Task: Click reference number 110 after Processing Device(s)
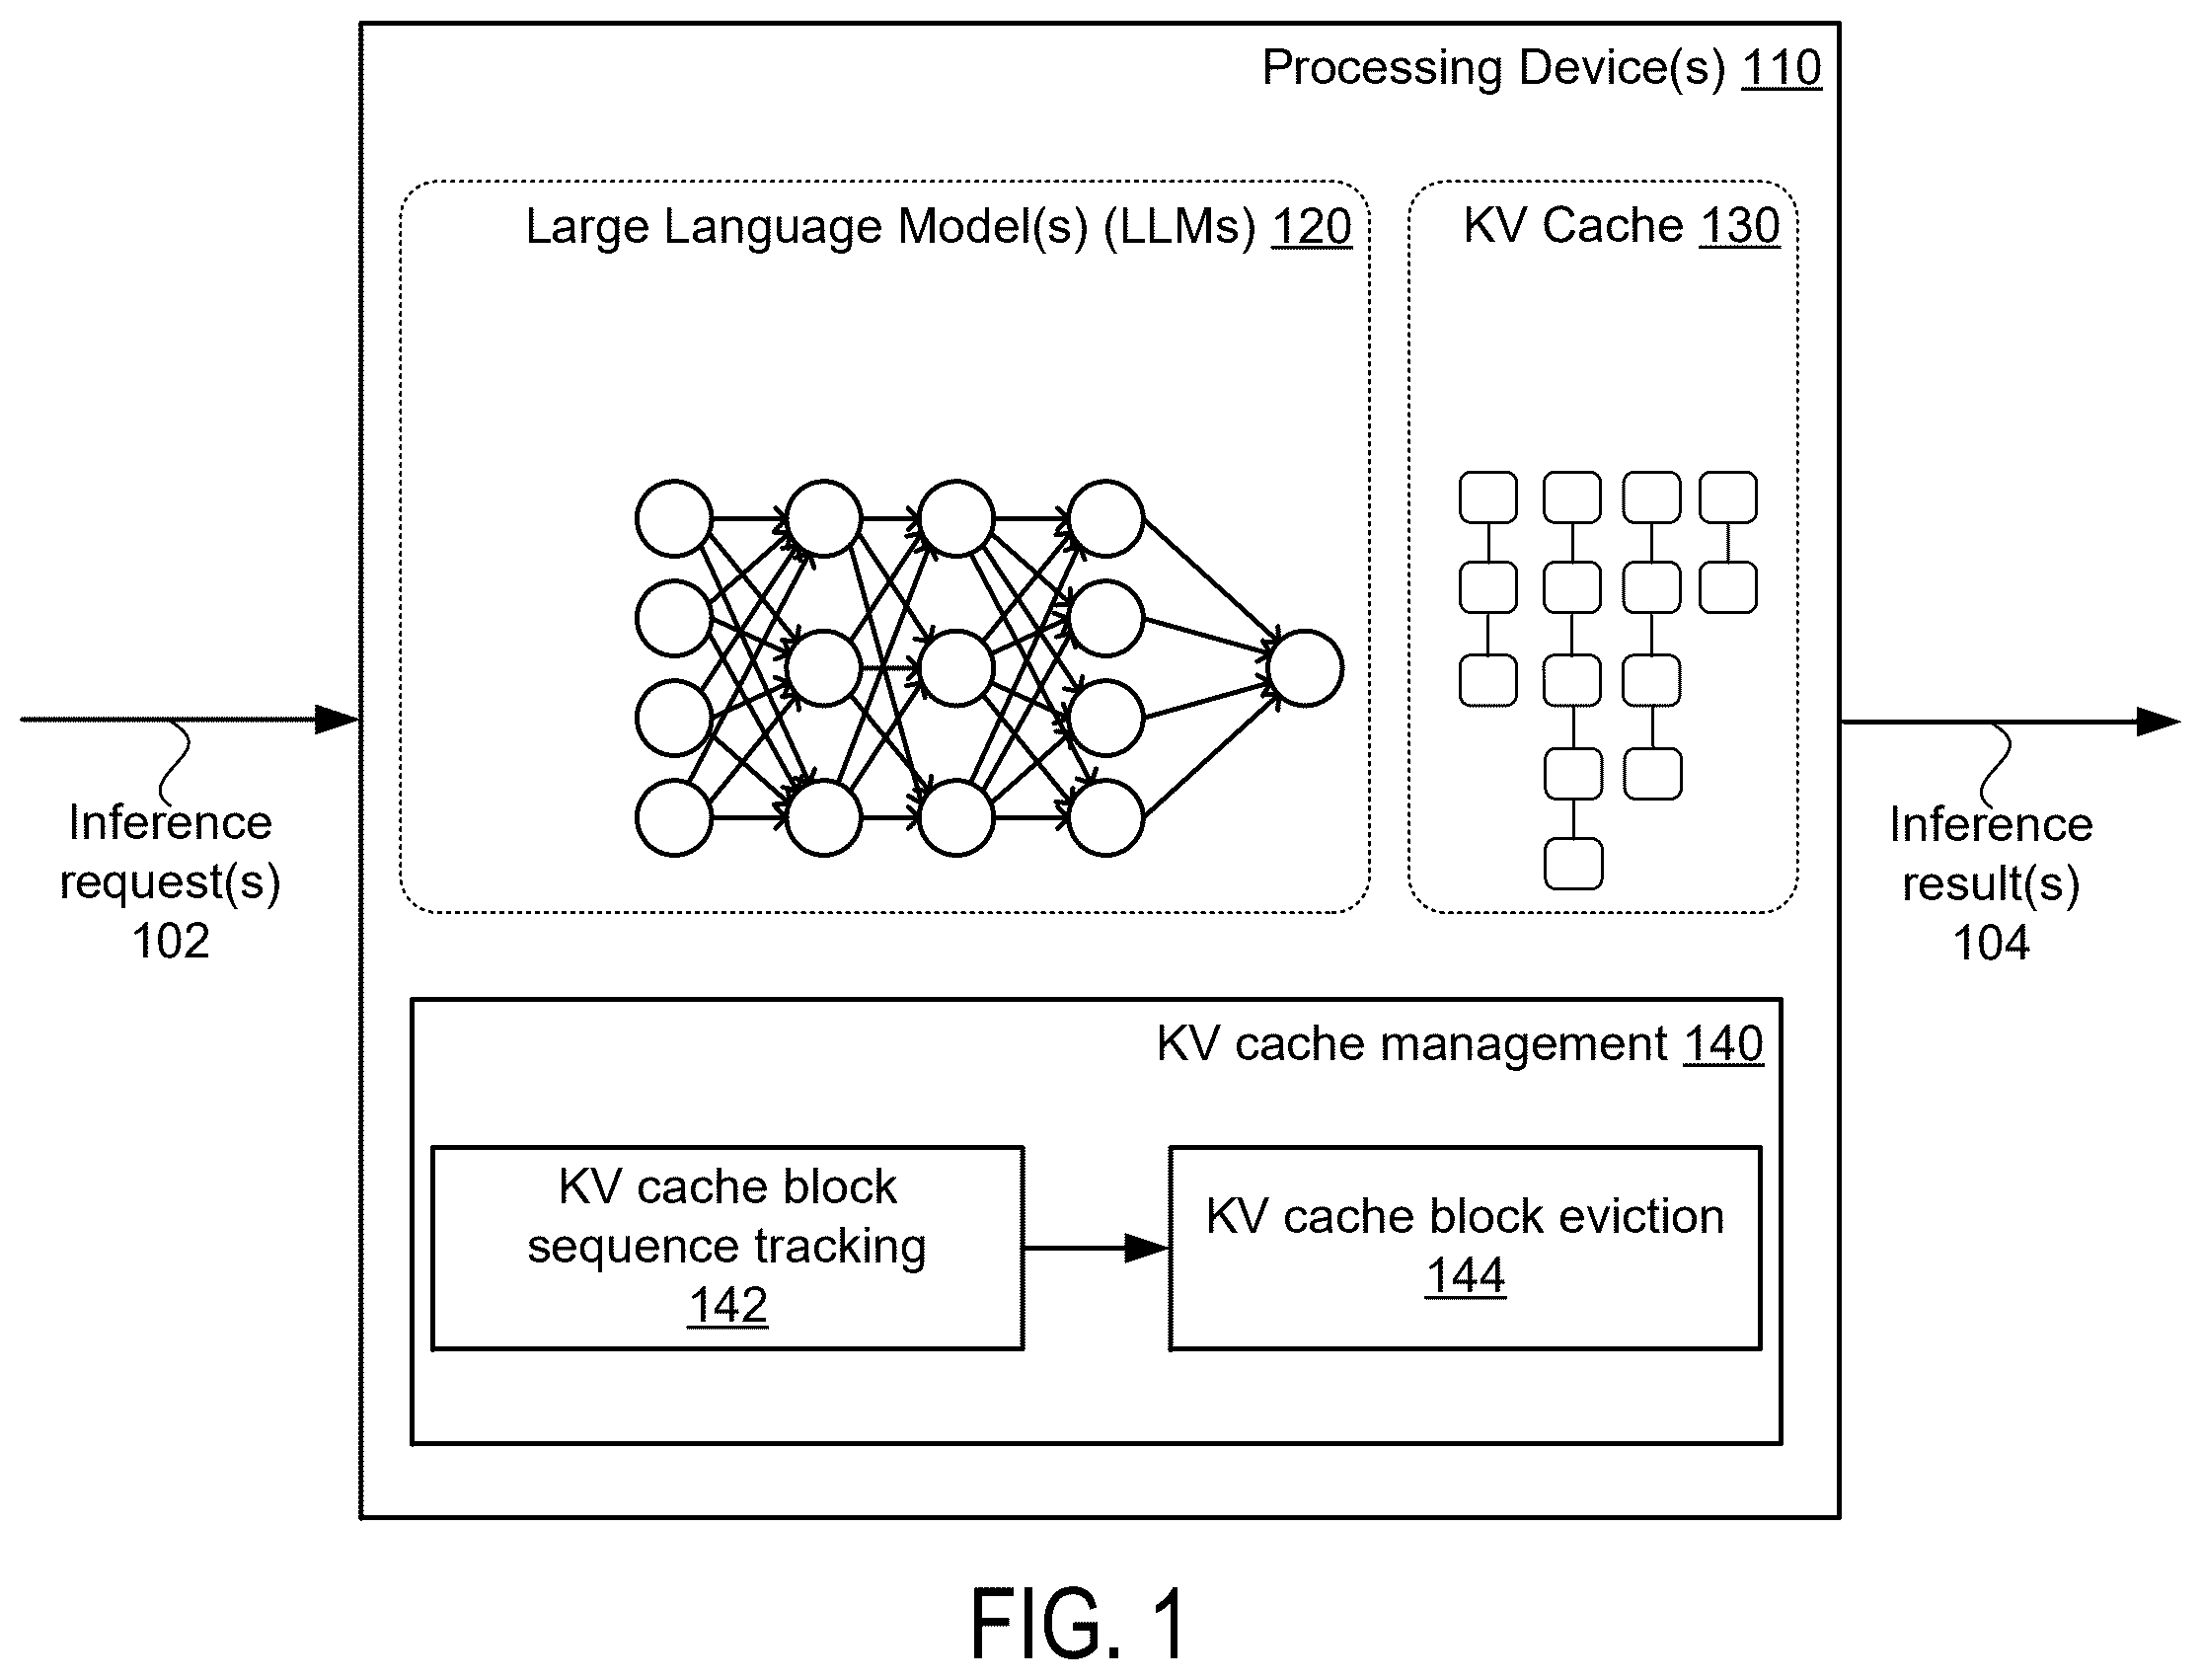pyautogui.click(x=1781, y=68)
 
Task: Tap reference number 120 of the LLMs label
pyautogui.click(x=1311, y=227)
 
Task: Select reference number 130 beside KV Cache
pyautogui.click(x=1740, y=226)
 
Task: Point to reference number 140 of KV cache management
pyautogui.click(x=1724, y=1044)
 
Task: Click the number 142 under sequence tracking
pyautogui.click(x=728, y=1305)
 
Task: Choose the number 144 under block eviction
pyautogui.click(x=1465, y=1276)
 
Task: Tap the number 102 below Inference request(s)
pyautogui.click(x=171, y=941)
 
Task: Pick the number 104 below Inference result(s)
pyautogui.click(x=1991, y=943)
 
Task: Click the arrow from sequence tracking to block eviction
pyautogui.click(x=1096, y=1248)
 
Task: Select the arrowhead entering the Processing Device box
pyautogui.click(x=338, y=719)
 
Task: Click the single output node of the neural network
pyautogui.click(x=1305, y=668)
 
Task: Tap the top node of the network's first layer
pyautogui.click(x=674, y=518)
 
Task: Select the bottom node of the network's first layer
pyautogui.click(x=674, y=818)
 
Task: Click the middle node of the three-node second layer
pyautogui.click(x=824, y=668)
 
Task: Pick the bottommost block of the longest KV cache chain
pyautogui.click(x=1573, y=864)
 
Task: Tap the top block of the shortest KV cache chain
pyautogui.click(x=1728, y=498)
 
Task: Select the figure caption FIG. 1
pyautogui.click(x=1079, y=1625)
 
